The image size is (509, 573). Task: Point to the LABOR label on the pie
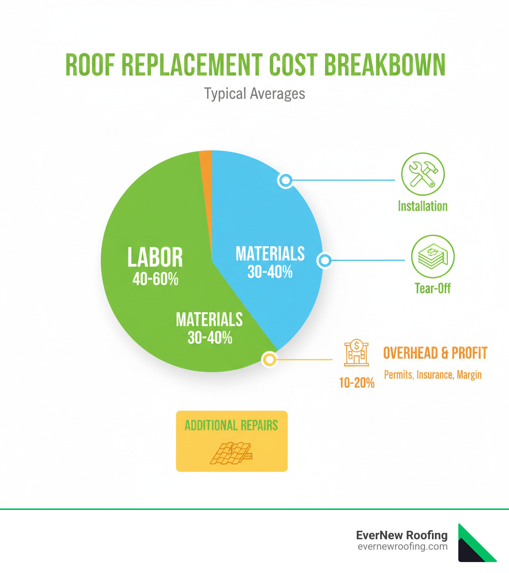tap(155, 258)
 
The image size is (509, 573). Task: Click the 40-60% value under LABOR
tap(155, 279)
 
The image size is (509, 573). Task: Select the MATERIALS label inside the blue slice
tap(270, 254)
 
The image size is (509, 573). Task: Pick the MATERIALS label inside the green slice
tap(209, 319)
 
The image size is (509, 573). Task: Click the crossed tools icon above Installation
tap(423, 173)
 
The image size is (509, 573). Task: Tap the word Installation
tap(423, 206)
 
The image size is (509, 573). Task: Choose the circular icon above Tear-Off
tap(432, 257)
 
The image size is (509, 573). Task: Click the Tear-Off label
tap(432, 288)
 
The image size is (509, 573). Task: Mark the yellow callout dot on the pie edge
tap(269, 359)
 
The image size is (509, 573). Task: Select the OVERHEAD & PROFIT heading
tap(435, 353)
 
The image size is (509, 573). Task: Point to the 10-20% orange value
tap(357, 383)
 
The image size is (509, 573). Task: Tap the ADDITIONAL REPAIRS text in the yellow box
tap(231, 426)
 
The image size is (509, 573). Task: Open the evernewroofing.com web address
tap(402, 547)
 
